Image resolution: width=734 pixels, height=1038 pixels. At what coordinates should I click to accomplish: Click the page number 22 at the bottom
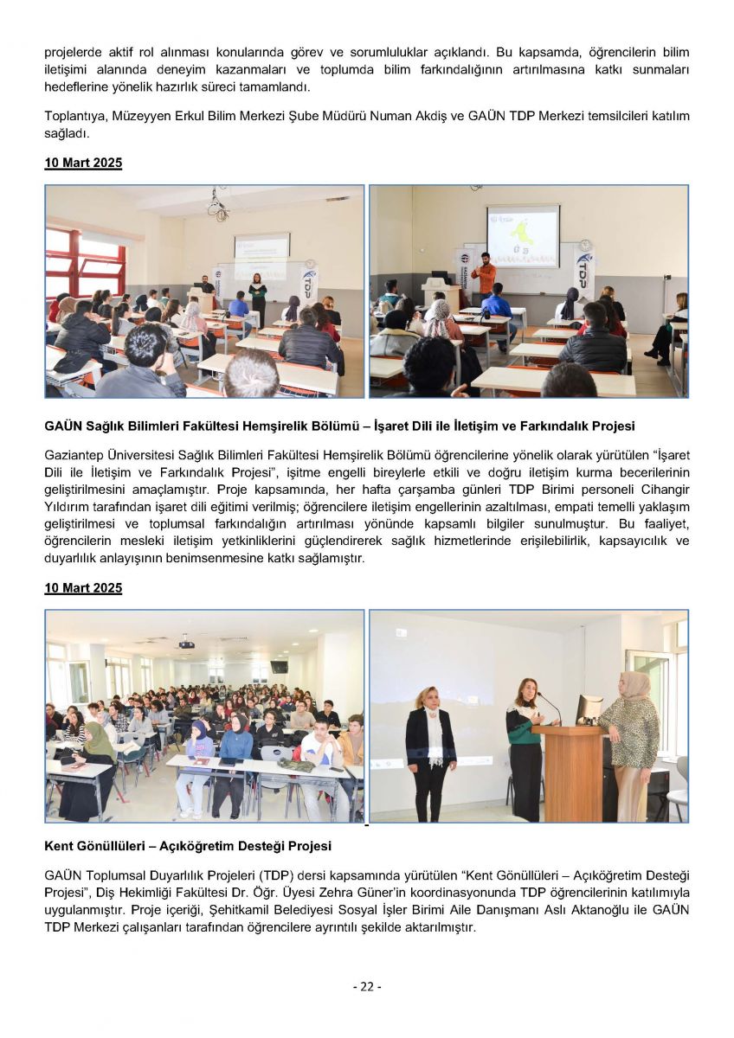[366, 986]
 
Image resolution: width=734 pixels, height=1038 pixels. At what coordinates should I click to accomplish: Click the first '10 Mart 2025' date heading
[83, 163]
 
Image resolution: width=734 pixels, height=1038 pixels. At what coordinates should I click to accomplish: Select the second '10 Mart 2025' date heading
[83, 588]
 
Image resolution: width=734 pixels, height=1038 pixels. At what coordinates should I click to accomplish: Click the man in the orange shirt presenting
[486, 276]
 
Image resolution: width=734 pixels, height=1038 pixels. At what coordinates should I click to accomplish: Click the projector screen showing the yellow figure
[522, 234]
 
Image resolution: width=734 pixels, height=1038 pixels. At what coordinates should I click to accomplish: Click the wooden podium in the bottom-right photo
[569, 772]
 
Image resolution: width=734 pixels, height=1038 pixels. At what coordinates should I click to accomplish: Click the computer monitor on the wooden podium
[589, 709]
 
